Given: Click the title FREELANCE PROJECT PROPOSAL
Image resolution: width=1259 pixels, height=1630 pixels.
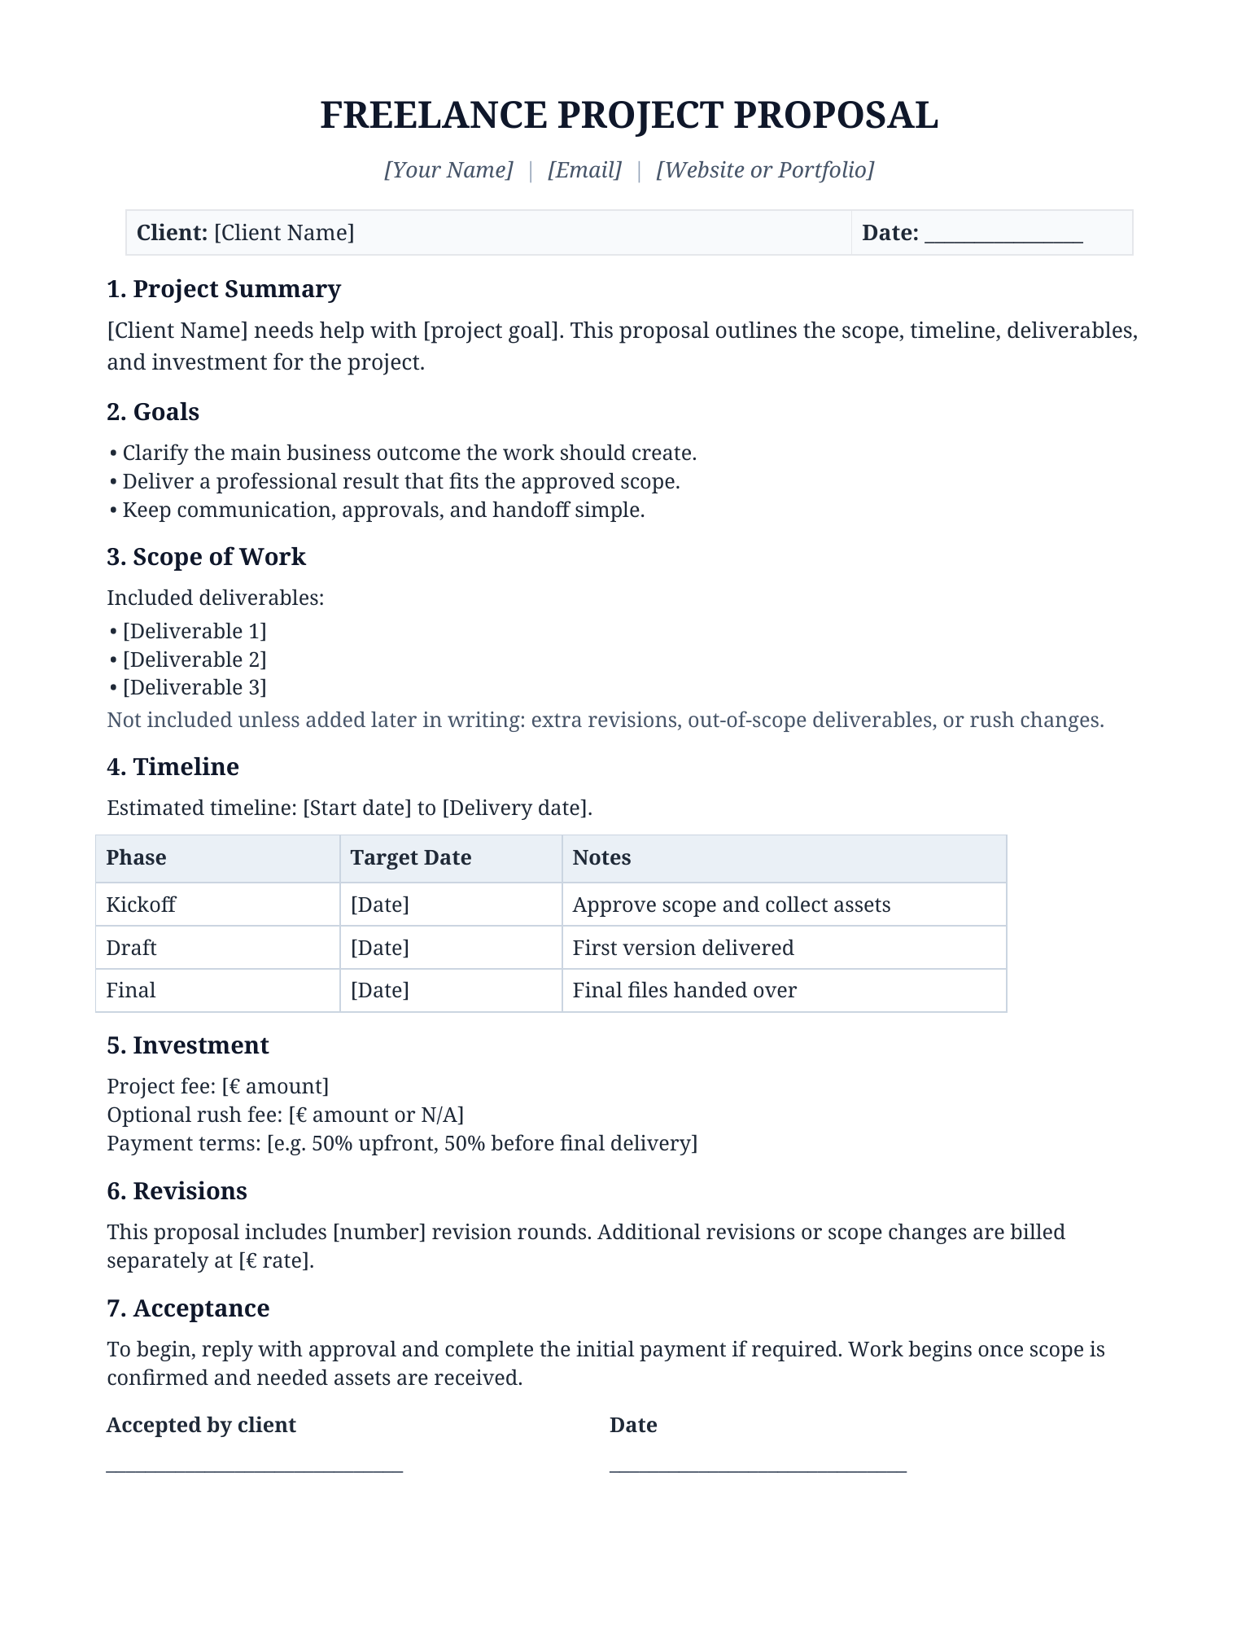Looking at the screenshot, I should pos(629,115).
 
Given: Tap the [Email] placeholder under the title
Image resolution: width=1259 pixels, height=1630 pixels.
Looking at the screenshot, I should pos(584,169).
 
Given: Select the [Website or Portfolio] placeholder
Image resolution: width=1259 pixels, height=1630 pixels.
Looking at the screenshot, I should pos(765,169).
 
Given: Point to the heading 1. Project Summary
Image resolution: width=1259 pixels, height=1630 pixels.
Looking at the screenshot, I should pos(224,289).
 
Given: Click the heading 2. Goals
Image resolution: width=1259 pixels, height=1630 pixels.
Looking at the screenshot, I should pos(153,412).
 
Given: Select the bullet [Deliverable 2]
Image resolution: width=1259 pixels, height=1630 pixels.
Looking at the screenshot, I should pos(195,659).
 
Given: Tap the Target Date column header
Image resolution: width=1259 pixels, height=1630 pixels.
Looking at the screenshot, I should pos(411,857).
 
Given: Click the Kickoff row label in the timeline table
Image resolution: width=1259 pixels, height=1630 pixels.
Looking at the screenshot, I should pos(141,905).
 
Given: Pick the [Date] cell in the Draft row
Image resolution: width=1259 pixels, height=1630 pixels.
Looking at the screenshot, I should pos(380,948).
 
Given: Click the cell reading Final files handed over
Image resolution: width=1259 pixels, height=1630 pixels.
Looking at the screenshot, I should pos(684,990).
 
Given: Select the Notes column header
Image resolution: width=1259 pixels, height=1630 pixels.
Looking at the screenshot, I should pos(601,857).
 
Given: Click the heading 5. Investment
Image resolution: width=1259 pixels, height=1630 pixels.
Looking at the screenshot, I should pos(188,1045).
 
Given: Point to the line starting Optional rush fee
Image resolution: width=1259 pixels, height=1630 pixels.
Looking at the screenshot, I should pos(286,1115).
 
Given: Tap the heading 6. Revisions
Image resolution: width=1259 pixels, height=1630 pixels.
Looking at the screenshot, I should pos(177,1191).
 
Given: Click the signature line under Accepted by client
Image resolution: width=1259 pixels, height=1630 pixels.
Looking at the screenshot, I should pos(255,1470).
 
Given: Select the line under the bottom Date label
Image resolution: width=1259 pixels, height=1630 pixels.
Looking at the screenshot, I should pos(758,1470).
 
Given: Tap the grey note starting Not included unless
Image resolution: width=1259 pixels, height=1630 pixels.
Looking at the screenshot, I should pos(605,720).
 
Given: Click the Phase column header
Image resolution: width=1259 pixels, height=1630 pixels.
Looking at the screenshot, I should pos(137,857).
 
